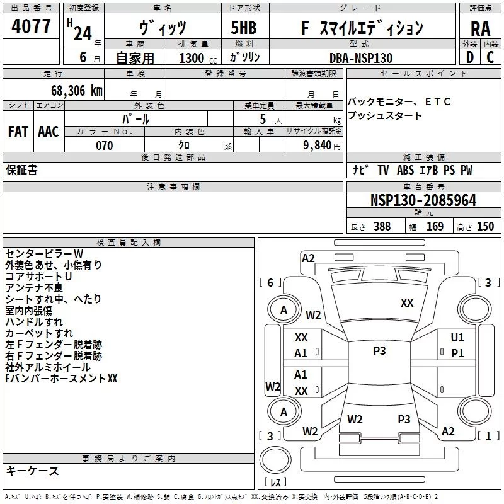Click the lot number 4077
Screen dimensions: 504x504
[31, 26]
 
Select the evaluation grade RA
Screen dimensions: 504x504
[481, 29]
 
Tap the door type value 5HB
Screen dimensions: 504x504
[244, 28]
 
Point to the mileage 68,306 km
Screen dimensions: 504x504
[77, 91]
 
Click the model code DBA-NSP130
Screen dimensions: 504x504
[361, 58]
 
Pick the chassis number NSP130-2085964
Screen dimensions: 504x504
[423, 200]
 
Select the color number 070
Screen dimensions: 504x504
[105, 146]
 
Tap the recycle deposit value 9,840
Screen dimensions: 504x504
[317, 146]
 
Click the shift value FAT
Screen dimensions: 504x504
[18, 132]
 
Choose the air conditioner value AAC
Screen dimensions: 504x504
[49, 132]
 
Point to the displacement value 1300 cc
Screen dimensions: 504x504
[198, 58]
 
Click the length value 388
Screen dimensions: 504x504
[382, 226]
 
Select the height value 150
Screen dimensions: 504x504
[485, 226]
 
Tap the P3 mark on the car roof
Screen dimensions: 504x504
[379, 351]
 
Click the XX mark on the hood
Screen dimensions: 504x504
[407, 303]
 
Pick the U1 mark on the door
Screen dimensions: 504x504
[457, 338]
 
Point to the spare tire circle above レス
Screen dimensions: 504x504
[275, 460]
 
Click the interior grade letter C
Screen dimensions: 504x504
[490, 57]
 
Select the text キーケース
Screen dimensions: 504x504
[32, 471]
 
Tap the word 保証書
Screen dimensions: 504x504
[21, 169]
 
